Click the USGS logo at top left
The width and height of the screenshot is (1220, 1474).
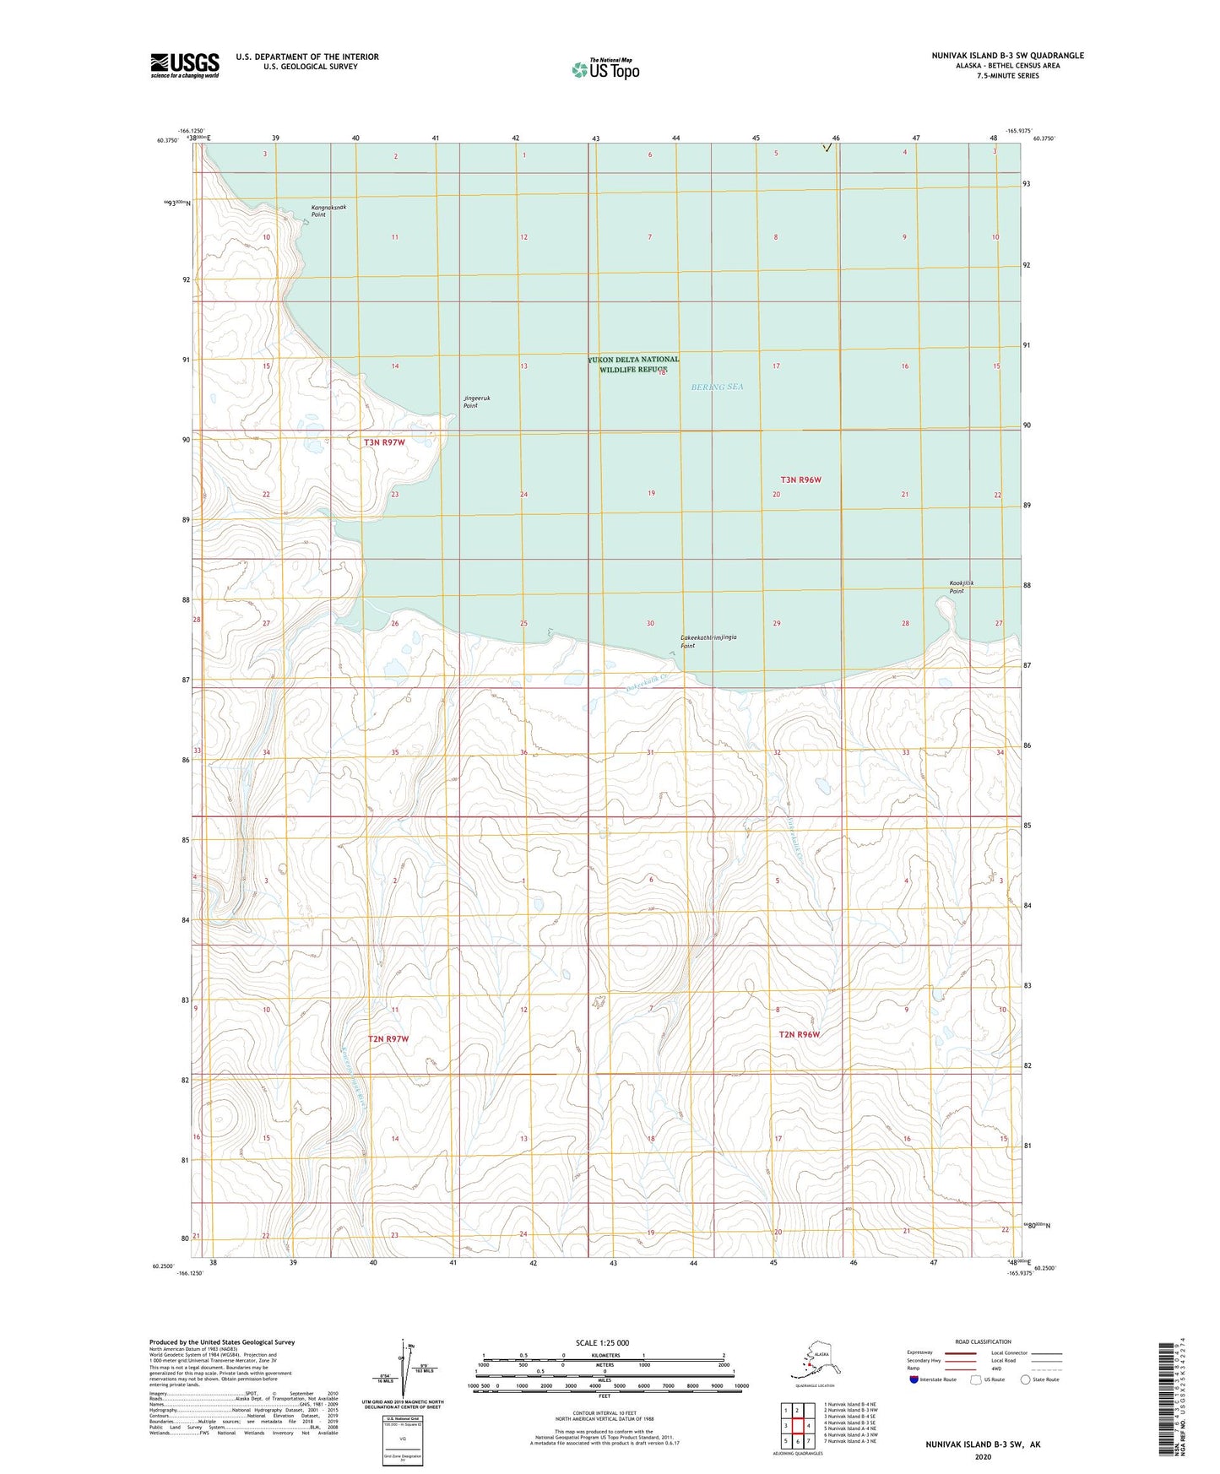(x=184, y=65)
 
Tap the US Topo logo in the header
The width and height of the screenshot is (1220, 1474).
(x=605, y=68)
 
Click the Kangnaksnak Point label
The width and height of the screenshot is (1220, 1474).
(x=328, y=211)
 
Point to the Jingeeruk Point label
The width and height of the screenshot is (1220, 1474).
(x=476, y=402)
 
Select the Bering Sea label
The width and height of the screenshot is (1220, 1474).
(x=717, y=387)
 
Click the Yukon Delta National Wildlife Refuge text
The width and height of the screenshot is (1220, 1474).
(x=633, y=364)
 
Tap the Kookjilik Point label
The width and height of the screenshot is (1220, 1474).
(x=961, y=587)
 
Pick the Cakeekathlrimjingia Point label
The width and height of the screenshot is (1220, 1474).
(x=708, y=642)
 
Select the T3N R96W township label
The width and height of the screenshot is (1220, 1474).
(x=800, y=480)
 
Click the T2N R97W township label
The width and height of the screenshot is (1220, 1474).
(x=388, y=1038)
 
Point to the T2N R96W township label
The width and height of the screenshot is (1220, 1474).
(x=799, y=1034)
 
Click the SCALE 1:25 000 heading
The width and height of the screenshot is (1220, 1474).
(x=603, y=1342)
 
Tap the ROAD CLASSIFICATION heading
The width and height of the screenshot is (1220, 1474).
(x=983, y=1341)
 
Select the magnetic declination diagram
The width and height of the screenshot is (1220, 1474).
(x=403, y=1369)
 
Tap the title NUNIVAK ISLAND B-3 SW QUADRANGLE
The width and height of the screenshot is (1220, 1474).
(x=1007, y=56)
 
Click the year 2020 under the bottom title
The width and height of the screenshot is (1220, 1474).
(x=983, y=1456)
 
